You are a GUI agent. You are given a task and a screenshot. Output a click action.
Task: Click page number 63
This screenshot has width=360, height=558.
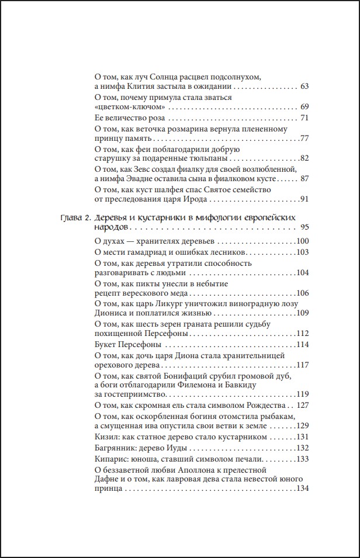pyautogui.click(x=304, y=87)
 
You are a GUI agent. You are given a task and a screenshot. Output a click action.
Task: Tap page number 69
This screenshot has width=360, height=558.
pyautogui.click(x=304, y=108)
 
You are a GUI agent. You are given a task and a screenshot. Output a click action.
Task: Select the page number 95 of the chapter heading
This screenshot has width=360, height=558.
pyautogui.click(x=304, y=227)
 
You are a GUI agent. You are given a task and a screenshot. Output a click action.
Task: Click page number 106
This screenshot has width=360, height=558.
pyautogui.click(x=302, y=293)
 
